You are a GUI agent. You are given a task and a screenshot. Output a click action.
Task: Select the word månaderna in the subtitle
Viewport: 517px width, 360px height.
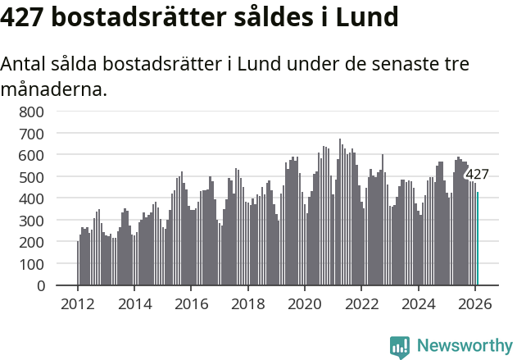click(54, 89)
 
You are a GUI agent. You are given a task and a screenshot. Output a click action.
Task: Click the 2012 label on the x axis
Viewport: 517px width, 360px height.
click(78, 303)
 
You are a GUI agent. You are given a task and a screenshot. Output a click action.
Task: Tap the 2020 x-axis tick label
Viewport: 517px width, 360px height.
click(305, 303)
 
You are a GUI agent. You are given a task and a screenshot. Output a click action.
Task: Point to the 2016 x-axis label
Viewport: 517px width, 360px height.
click(191, 303)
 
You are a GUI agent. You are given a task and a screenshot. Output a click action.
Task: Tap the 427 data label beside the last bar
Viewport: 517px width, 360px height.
click(477, 174)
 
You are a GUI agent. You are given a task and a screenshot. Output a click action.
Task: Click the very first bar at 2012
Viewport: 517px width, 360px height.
click(78, 263)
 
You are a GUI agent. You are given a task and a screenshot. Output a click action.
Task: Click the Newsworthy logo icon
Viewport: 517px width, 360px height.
click(400, 347)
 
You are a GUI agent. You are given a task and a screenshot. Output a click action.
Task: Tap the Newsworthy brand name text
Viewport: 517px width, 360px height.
click(464, 346)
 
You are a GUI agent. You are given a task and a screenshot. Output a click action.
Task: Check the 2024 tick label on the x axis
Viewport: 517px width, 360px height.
click(419, 303)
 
